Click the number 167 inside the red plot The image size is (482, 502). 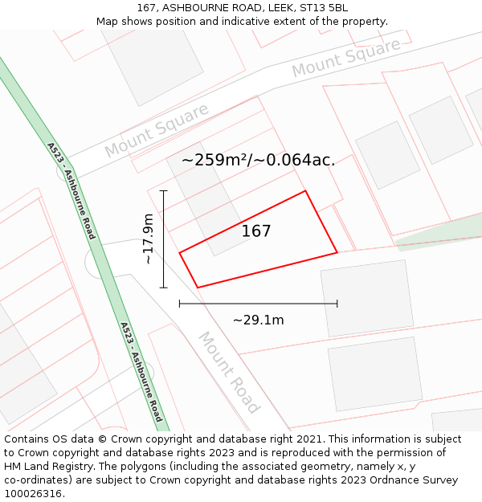pos(256,231)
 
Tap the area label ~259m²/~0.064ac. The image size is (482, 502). pos(258,160)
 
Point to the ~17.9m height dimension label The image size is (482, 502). pos(148,239)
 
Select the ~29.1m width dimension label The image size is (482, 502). pos(258,320)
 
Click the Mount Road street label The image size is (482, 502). pos(230,372)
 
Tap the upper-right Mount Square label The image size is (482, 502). pos(345,58)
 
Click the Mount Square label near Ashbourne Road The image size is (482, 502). pos(156,131)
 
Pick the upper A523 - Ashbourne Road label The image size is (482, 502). pos(71,191)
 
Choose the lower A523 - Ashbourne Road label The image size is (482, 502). pos(141,372)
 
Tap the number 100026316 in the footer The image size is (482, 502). pos(34,494)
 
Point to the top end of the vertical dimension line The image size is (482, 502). pos(164,191)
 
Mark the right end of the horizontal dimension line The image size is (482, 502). pos(337,304)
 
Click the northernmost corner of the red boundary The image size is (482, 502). pos(305,191)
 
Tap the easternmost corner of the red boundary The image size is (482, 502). pos(337,253)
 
